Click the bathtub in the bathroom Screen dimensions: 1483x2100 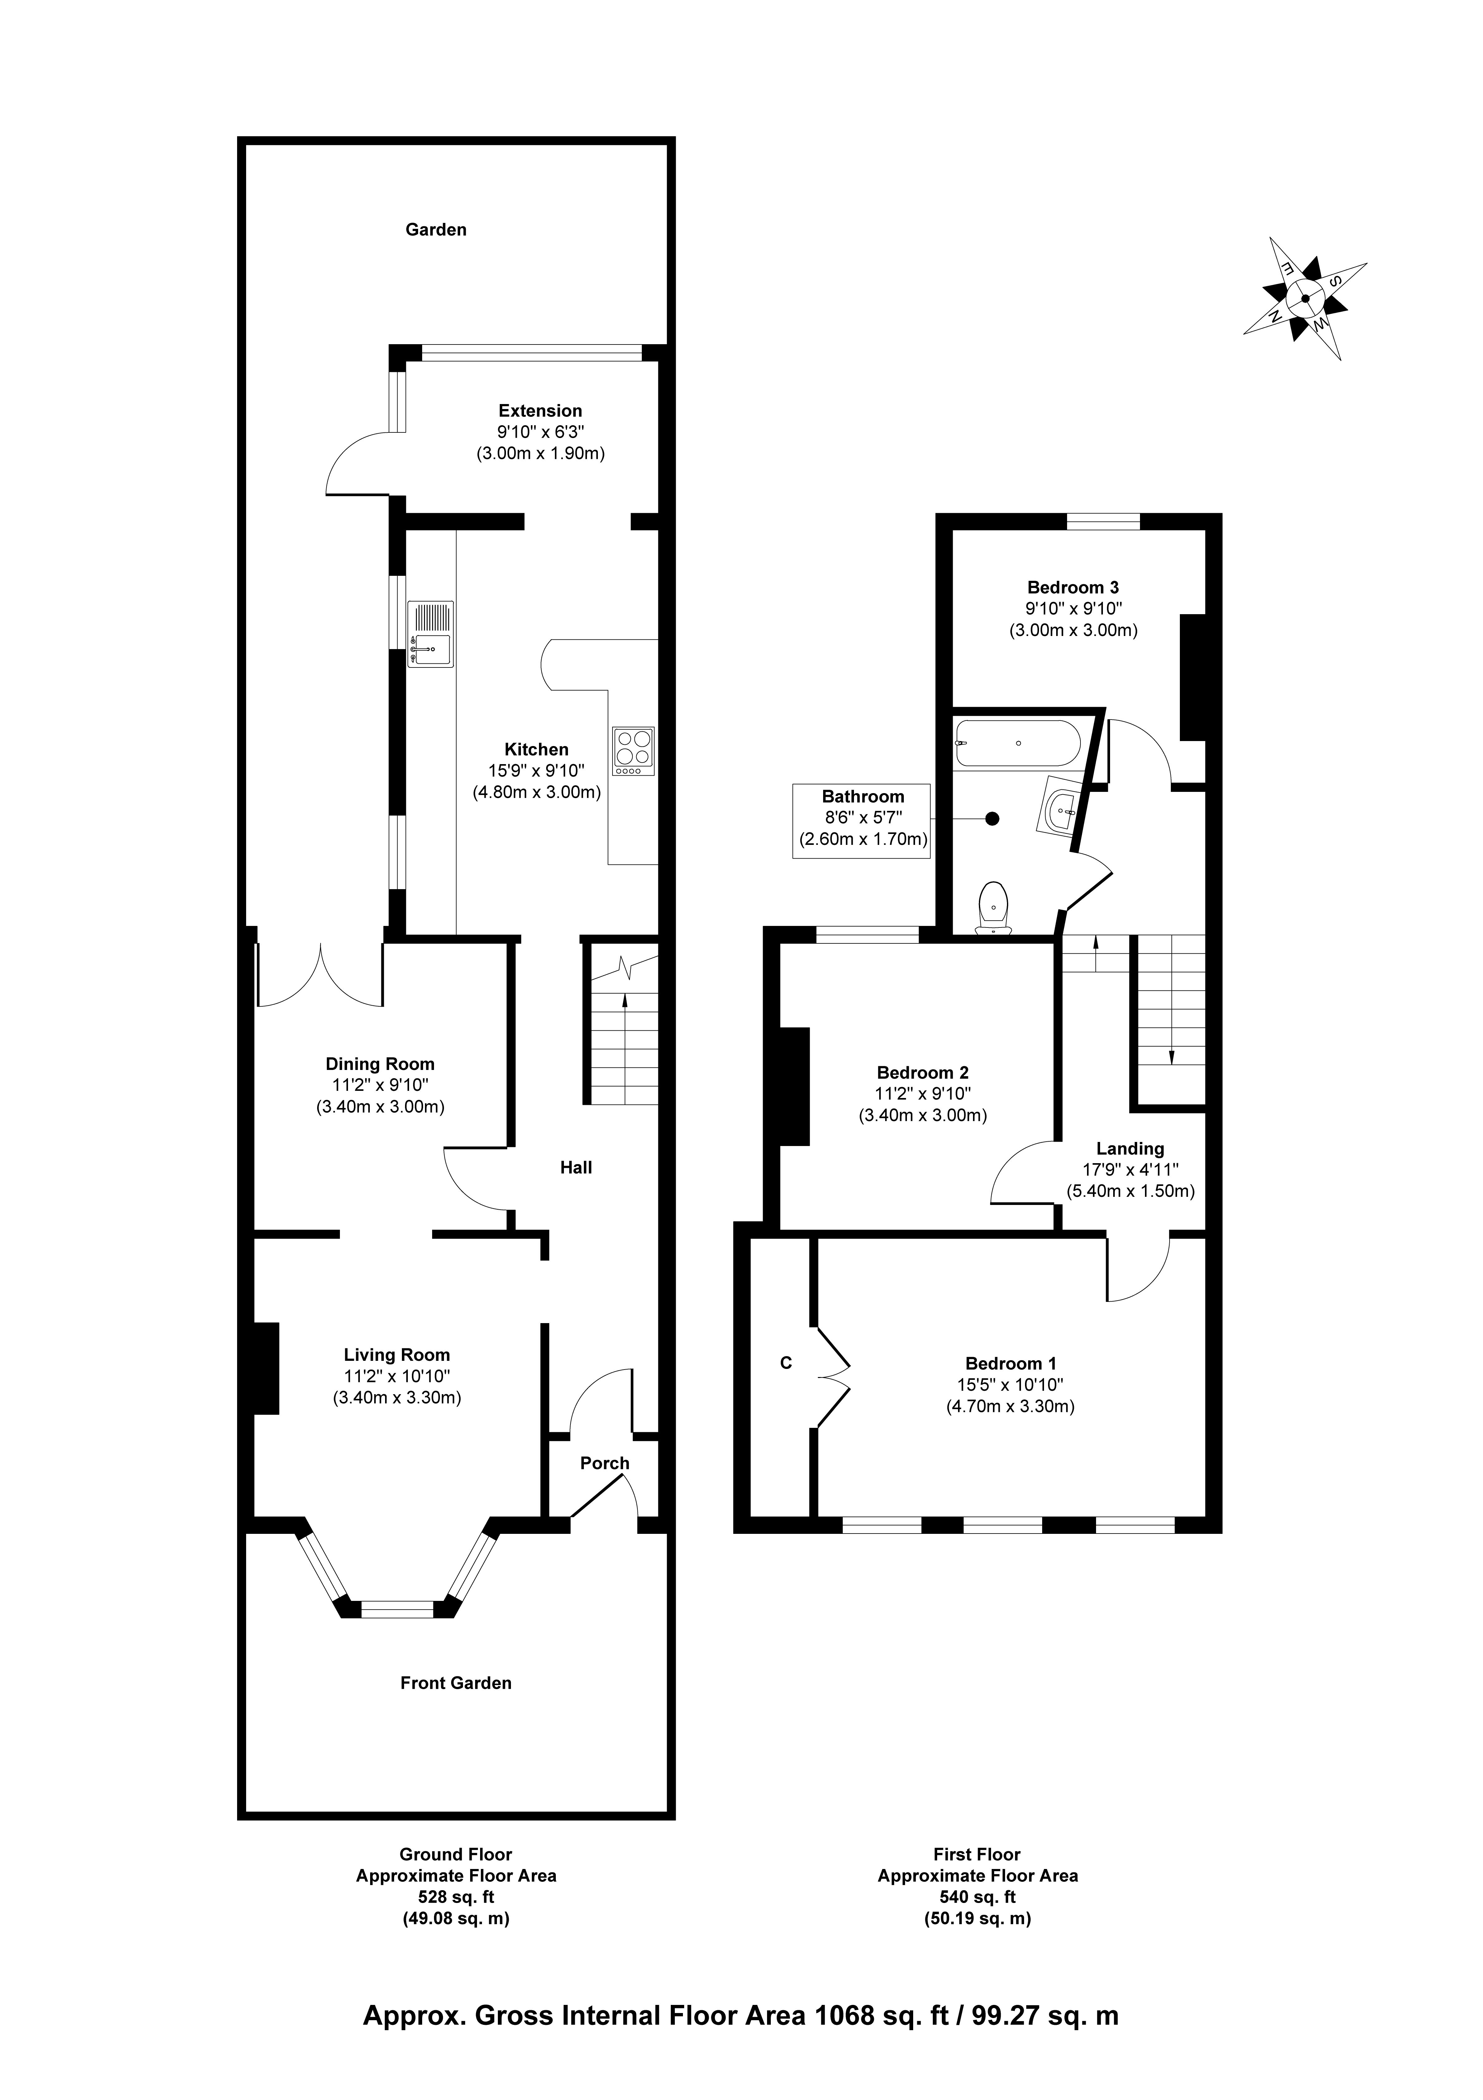(x=1017, y=744)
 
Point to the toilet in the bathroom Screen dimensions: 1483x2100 (x=993, y=907)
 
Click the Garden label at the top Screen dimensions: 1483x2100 (x=436, y=229)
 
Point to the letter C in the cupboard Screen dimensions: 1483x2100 (x=785, y=1363)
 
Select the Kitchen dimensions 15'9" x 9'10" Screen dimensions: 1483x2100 (x=537, y=771)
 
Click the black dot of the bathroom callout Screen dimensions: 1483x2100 (x=992, y=819)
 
